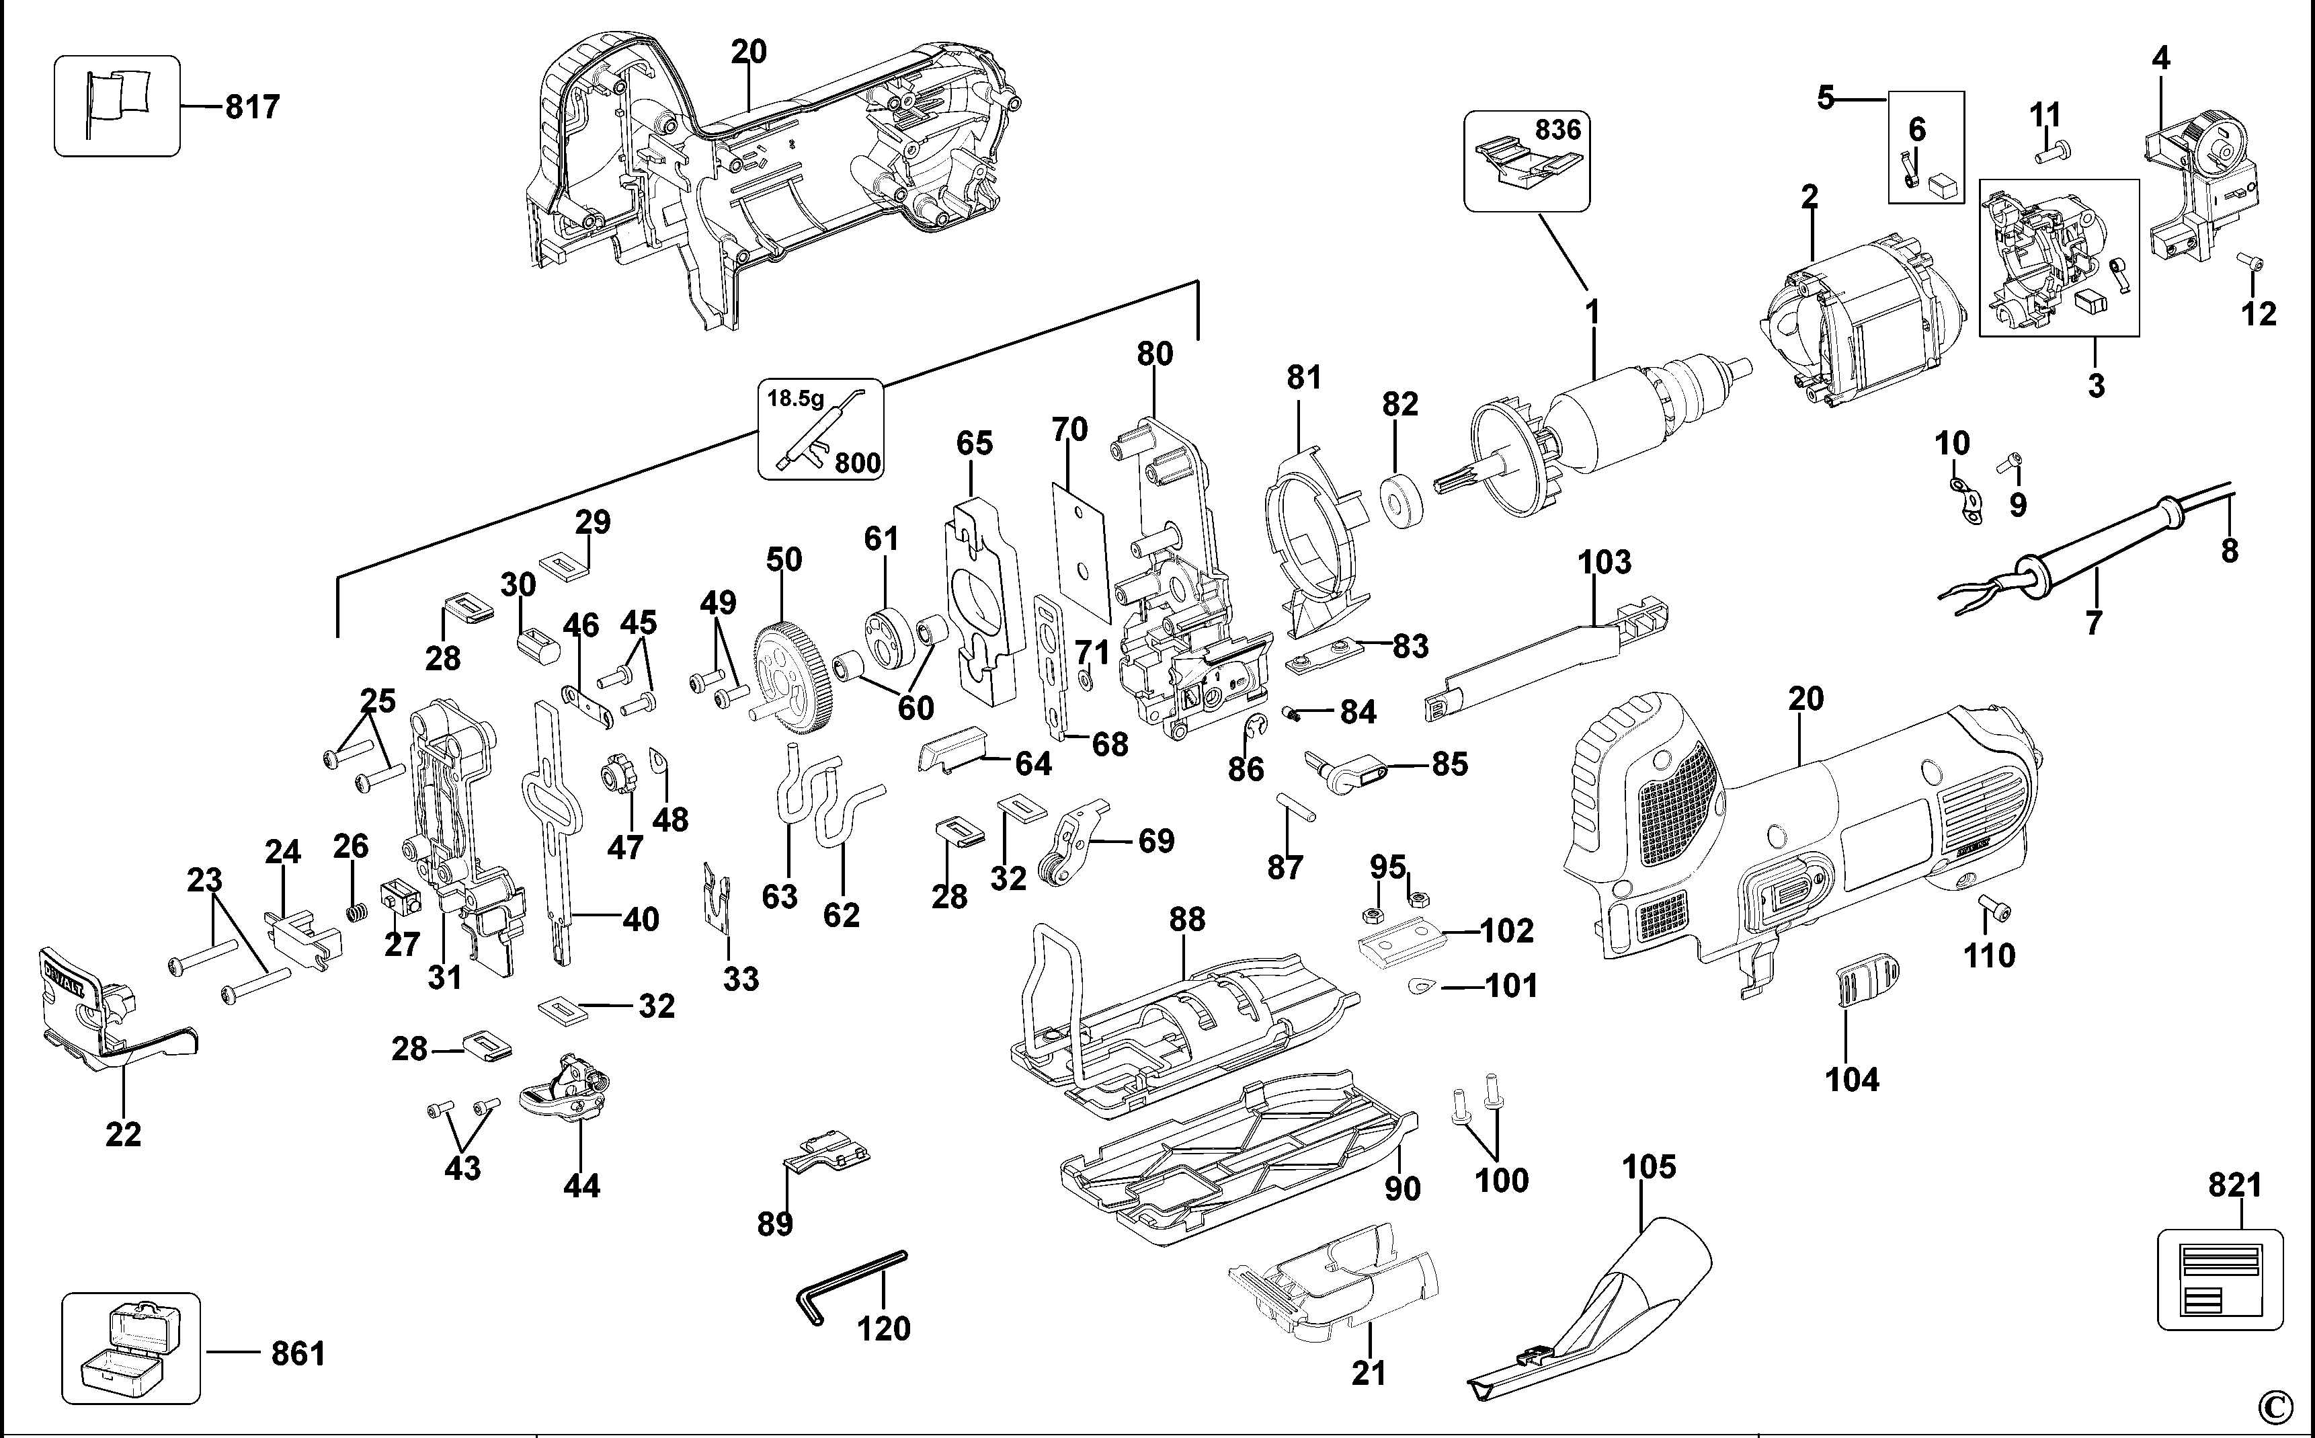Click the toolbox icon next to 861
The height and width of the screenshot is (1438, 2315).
130,1348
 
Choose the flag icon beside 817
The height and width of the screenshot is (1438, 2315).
117,105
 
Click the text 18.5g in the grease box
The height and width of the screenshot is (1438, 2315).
796,399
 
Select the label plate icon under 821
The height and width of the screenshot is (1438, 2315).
2219,1279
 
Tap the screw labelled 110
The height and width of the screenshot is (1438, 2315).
1994,908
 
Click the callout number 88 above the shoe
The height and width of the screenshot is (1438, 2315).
1186,919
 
